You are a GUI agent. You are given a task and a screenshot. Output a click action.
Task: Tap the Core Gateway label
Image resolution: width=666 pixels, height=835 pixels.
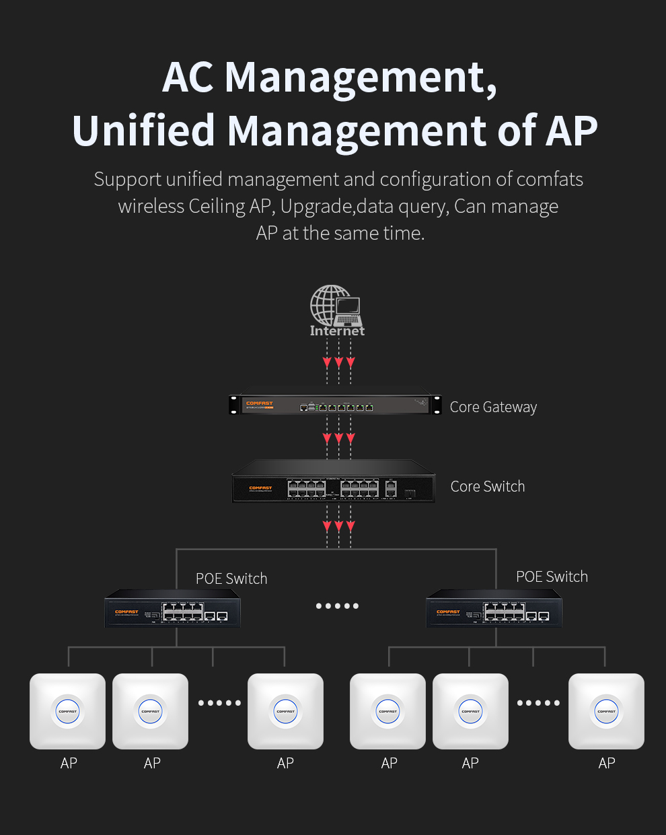tap(493, 407)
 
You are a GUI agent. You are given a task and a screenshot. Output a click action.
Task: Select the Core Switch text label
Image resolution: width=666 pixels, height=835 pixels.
tap(487, 486)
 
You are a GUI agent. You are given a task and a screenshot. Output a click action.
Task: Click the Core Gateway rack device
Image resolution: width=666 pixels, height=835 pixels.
tap(335, 405)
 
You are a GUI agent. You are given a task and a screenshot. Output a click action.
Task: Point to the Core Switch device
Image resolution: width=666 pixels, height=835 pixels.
tap(334, 482)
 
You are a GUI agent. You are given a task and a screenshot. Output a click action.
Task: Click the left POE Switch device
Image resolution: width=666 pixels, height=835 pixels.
tap(172, 609)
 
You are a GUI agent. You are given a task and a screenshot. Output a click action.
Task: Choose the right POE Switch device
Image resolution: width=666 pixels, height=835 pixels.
tap(494, 609)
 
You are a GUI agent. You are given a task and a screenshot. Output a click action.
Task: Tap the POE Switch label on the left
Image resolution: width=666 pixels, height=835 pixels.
tap(231, 578)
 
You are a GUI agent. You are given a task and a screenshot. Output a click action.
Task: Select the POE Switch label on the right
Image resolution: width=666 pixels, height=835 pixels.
tap(552, 576)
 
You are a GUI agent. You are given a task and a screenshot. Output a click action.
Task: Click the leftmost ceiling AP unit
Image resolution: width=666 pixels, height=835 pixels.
tap(68, 711)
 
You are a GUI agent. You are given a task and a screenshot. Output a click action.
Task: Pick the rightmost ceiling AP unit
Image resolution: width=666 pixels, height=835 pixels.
tap(606, 711)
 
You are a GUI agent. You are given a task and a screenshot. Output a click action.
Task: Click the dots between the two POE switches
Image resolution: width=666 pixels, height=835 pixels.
tap(337, 606)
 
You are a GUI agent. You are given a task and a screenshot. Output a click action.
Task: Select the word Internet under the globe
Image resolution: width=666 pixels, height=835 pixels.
tap(337, 331)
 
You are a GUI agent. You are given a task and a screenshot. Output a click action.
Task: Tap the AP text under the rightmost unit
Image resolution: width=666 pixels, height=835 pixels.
tap(607, 763)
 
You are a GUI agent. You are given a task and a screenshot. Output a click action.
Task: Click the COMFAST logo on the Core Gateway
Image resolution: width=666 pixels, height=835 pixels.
tap(260, 403)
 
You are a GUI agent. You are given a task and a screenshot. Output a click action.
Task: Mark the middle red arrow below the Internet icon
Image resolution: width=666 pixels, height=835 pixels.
tap(338, 362)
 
